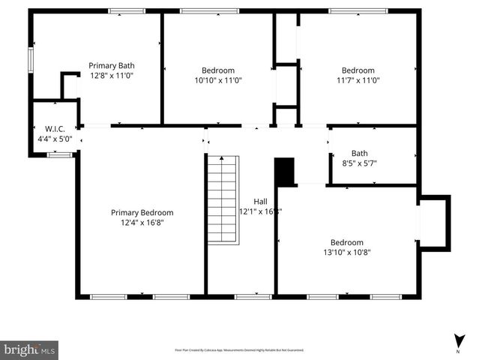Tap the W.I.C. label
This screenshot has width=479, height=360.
point(55,128)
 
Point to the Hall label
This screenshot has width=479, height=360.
point(260,201)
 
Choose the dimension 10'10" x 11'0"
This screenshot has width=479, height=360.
point(217,80)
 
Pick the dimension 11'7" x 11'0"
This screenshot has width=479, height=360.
point(358,80)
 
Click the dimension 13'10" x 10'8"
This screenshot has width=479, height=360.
point(347,253)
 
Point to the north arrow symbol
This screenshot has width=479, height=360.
point(457,340)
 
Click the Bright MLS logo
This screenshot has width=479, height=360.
point(29,349)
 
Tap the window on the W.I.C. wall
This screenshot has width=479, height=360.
point(59,155)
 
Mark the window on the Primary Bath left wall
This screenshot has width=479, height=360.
point(31,59)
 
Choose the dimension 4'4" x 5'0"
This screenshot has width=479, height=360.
point(55,139)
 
